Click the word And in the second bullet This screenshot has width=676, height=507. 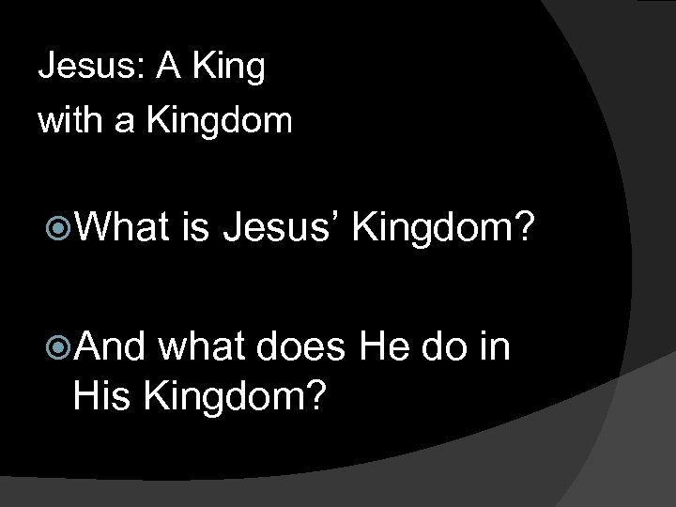(x=106, y=347)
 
